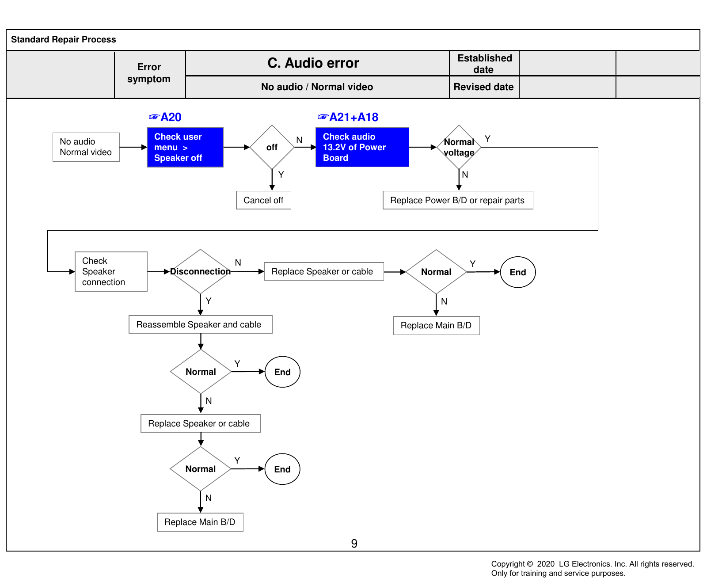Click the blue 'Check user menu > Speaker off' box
tap(185, 147)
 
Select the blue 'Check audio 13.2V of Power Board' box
tap(362, 147)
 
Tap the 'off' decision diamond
tap(272, 147)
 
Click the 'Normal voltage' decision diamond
tap(459, 147)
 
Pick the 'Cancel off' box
tap(263, 200)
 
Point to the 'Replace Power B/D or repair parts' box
tap(458, 200)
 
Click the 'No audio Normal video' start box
tap(86, 147)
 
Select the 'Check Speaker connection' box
tap(111, 271)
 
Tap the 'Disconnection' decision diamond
tap(201, 271)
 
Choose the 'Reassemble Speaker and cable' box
tap(201, 324)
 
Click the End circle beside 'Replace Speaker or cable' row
tap(518, 272)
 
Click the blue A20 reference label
tap(165, 117)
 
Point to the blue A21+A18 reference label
tap(348, 117)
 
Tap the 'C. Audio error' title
tap(313, 63)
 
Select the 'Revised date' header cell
tap(484, 87)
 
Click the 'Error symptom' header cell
tap(149, 73)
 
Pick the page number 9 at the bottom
tap(354, 544)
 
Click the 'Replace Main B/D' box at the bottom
tap(200, 522)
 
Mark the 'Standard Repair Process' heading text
tap(64, 39)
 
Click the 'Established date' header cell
tap(484, 64)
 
